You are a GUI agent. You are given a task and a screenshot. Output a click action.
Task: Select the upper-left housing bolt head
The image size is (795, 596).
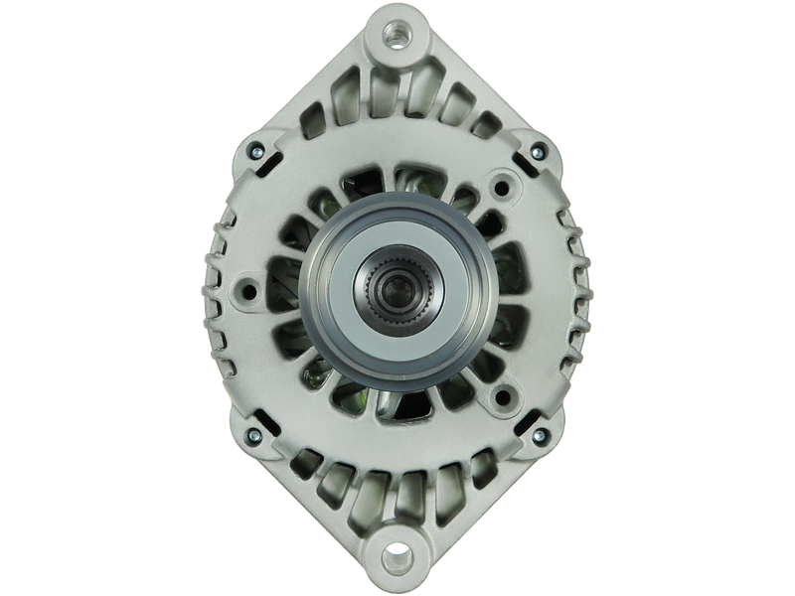(x=256, y=152)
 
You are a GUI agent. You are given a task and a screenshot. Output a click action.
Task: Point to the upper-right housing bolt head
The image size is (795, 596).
(x=538, y=152)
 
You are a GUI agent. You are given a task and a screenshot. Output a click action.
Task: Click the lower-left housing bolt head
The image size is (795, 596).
(x=256, y=434)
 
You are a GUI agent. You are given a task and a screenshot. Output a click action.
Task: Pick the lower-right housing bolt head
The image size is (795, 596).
(x=538, y=434)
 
